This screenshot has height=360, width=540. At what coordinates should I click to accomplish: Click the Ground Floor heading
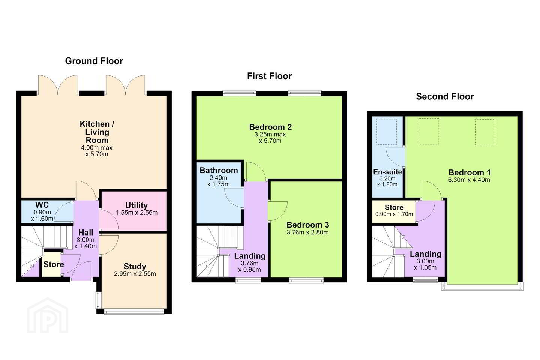click(94, 61)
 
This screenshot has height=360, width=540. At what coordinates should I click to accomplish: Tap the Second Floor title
click(445, 96)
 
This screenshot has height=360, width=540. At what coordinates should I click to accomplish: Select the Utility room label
click(136, 205)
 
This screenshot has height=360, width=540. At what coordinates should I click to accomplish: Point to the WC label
click(42, 205)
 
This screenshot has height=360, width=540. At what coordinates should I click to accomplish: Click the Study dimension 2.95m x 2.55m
click(135, 274)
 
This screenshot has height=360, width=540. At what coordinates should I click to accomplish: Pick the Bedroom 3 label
click(307, 225)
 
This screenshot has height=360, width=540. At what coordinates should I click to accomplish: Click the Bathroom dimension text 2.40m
click(218, 178)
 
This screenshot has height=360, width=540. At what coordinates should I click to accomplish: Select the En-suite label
click(387, 172)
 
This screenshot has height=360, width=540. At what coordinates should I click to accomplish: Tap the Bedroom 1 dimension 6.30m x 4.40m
click(469, 180)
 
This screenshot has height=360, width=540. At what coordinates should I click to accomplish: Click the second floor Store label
click(394, 207)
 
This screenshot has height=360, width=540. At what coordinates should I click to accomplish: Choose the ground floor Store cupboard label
click(54, 264)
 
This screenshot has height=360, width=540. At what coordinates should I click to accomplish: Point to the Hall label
click(86, 232)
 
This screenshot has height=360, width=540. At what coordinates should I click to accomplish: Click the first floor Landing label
click(250, 256)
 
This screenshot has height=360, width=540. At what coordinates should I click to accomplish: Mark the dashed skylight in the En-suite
click(387, 132)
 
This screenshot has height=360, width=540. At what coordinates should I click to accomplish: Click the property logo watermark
click(48, 315)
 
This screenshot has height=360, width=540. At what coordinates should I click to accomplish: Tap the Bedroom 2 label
click(270, 127)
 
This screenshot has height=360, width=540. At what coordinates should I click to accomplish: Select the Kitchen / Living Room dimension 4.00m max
click(97, 148)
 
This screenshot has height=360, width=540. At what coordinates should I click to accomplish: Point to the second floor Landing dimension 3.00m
click(425, 261)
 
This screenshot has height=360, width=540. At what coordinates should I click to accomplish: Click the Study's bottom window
click(134, 312)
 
